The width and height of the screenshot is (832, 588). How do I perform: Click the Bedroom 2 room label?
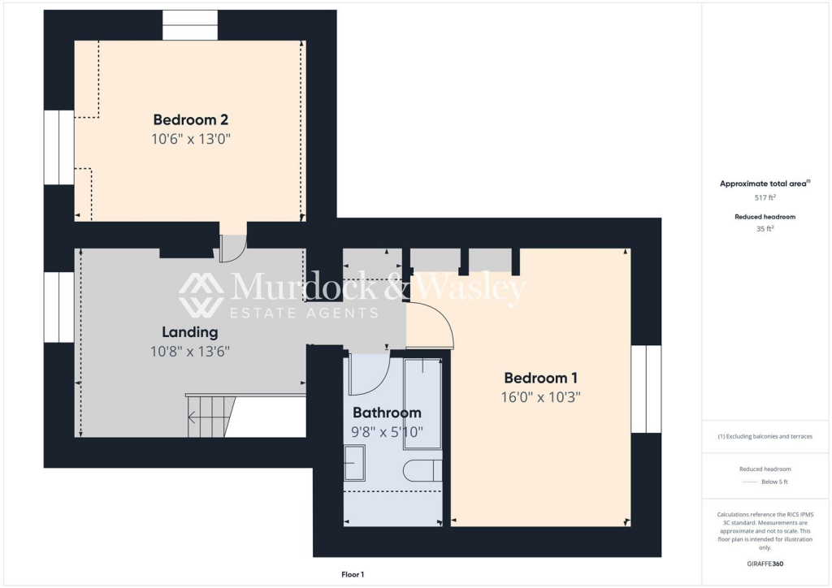coord(191,120)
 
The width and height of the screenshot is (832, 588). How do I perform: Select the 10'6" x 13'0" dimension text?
coord(191,139)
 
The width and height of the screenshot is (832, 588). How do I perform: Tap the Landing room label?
coord(190,332)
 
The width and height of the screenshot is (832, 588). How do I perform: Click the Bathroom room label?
coord(387,413)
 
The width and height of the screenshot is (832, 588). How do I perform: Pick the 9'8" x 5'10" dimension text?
coord(387,431)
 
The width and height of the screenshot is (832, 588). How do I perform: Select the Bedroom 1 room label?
coord(540,378)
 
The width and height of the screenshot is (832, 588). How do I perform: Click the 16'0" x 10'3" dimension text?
coord(540,397)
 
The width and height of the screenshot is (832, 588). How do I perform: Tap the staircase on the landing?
coord(210,417)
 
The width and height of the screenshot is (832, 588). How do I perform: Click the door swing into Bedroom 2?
coord(232,249)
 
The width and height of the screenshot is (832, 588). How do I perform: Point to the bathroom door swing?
coord(369,374)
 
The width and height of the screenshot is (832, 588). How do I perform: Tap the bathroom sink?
coord(354,462)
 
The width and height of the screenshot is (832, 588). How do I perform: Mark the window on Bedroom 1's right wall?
coord(647,389)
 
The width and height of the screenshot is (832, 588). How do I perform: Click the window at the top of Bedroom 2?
coord(190,25)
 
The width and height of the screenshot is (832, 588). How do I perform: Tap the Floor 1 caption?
coord(352,574)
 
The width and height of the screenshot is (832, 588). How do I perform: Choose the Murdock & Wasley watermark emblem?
coord(201,295)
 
